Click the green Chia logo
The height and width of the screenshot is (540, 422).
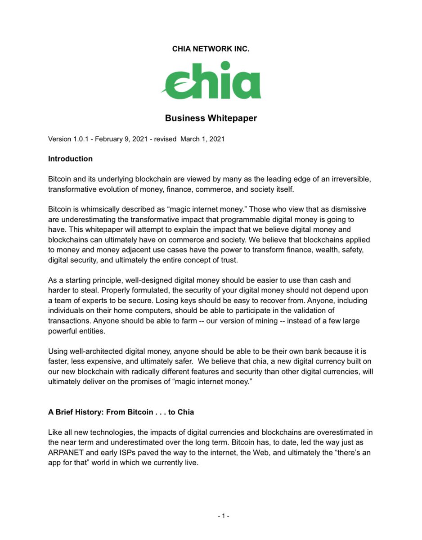coord(211,81)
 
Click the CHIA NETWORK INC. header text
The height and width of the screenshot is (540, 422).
coord(211,49)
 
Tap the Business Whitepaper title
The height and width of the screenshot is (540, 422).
coord(211,118)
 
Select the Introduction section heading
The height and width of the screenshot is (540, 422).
coord(70,159)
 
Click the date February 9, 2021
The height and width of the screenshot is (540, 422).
coord(122,139)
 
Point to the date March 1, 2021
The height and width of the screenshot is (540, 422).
coord(202,139)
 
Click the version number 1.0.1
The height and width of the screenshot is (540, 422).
coord(82,139)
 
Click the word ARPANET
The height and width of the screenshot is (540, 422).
coord(65,453)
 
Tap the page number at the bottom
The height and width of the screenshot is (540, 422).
coord(224,516)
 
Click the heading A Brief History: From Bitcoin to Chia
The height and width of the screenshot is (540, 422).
coord(121,412)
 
